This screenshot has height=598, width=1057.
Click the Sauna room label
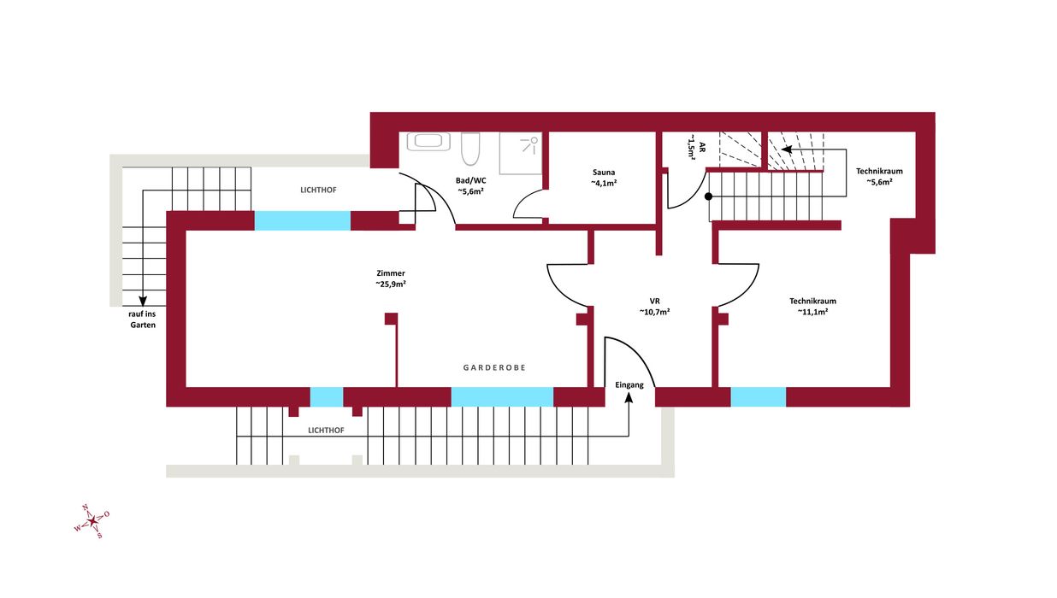click(604, 178)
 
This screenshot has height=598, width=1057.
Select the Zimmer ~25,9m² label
click(391, 278)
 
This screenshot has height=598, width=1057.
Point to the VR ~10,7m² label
click(654, 307)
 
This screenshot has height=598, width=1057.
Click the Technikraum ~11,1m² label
click(812, 307)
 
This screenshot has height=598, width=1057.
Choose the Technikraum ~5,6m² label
click(879, 177)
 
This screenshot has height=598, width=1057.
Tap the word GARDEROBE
click(494, 367)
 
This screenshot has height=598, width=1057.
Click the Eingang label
click(629, 385)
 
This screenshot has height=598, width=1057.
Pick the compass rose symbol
click(92, 521)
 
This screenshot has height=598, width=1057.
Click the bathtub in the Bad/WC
click(428, 141)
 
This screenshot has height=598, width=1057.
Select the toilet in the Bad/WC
click(470, 149)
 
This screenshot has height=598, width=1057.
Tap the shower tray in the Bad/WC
click(521, 153)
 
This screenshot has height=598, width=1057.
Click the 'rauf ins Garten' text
click(142, 320)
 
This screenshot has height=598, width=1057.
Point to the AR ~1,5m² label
click(696, 147)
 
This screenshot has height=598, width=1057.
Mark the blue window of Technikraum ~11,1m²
click(759, 396)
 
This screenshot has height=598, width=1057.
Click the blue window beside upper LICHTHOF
click(303, 220)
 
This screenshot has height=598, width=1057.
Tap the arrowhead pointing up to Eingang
click(629, 398)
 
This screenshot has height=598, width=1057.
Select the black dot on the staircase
click(708, 196)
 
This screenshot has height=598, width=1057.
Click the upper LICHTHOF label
click(318, 190)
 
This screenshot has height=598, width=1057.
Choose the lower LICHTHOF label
click(326, 431)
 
